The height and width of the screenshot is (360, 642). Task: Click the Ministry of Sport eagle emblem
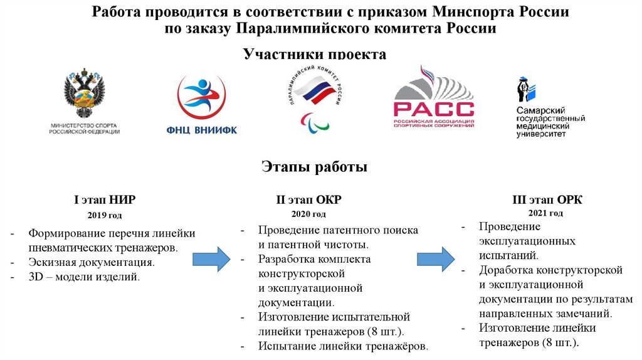point(84,94)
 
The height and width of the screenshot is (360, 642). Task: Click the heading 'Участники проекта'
point(315,55)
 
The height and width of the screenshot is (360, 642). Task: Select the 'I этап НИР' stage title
point(105,200)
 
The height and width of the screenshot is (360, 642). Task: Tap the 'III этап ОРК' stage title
point(547,200)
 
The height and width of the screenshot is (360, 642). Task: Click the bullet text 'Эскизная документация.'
point(92,262)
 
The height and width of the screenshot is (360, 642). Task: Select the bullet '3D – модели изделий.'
point(84,277)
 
